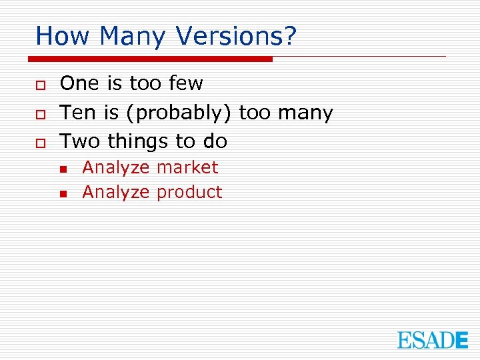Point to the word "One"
pyautogui.click(x=79, y=83)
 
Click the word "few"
pyautogui.click(x=186, y=83)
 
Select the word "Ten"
pyautogui.click(x=78, y=113)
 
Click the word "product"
pyautogui.click(x=189, y=193)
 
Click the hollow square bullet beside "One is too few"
pyautogui.click(x=40, y=85)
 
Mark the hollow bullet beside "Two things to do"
pyautogui.click(x=40, y=142)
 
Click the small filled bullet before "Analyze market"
pyautogui.click(x=63, y=169)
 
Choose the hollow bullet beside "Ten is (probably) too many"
pyautogui.click(x=40, y=113)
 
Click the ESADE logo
pyautogui.click(x=433, y=340)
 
